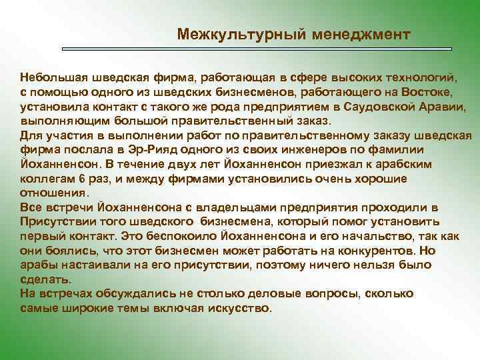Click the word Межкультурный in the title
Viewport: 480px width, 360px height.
(x=227, y=33)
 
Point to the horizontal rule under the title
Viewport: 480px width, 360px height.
(x=257, y=49)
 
